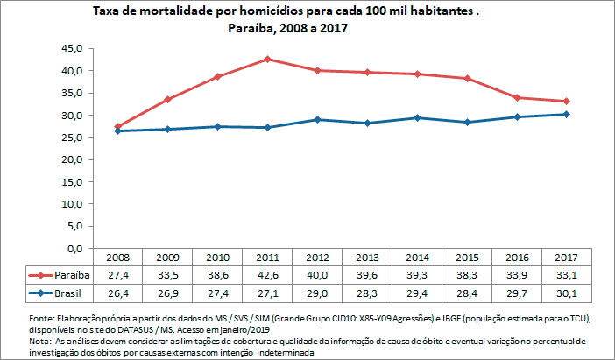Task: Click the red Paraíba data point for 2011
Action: point(266,60)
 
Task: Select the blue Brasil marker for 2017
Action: point(567,114)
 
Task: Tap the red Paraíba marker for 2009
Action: point(166,100)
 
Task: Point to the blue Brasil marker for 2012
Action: point(316,119)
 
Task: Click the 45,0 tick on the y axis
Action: point(71,47)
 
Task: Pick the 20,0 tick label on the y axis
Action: point(71,159)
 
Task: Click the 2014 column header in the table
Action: point(417,258)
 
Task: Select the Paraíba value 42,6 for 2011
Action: point(266,275)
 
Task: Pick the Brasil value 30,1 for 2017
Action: point(567,293)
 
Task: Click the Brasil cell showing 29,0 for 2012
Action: point(316,293)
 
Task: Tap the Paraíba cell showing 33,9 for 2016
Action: point(517,275)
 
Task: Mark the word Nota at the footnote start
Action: point(40,340)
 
